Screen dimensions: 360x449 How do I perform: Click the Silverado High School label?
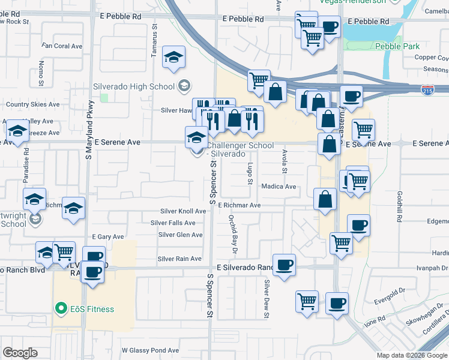133,86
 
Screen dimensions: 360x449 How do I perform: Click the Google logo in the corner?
20,353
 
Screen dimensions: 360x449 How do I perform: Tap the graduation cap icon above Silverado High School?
175,58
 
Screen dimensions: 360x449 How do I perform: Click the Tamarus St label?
154,41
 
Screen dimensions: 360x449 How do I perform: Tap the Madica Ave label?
279,187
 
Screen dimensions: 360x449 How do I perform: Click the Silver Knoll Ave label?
184,211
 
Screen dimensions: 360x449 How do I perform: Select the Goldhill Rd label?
399,205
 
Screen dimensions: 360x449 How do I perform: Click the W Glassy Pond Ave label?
150,350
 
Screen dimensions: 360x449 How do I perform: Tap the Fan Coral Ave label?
62,46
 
